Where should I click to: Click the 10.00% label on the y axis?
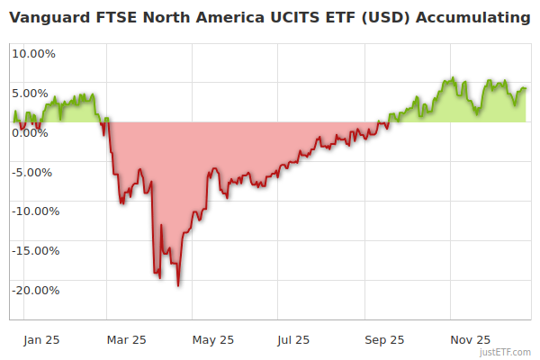tap(33, 53)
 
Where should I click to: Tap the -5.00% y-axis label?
tap(34, 172)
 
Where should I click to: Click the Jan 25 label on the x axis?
tap(40, 340)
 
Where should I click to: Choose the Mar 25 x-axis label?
tap(126, 340)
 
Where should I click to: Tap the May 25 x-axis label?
tap(213, 340)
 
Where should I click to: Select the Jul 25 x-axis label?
tap(293, 340)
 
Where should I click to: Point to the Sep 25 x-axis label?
tap(384, 340)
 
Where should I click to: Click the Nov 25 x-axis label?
tap(470, 340)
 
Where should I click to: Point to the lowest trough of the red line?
tap(178, 285)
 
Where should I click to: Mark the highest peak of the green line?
tap(454, 78)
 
